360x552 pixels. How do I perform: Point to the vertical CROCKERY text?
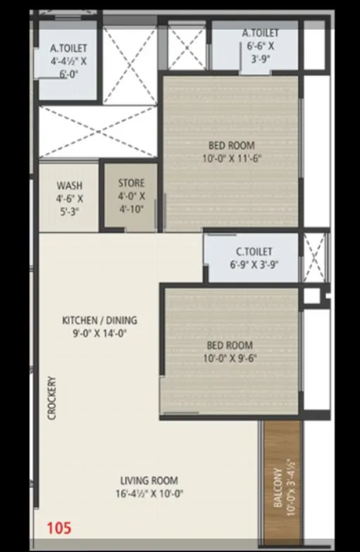(51, 398)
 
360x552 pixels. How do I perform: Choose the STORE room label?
(131, 183)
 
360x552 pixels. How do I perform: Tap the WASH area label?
(69, 186)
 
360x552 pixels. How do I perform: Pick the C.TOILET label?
(254, 251)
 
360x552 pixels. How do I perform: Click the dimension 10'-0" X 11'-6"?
(231, 158)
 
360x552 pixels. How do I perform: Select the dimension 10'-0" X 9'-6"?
(230, 358)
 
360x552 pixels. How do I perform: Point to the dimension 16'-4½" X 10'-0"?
(152, 494)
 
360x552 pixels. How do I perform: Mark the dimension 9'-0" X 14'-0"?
(99, 334)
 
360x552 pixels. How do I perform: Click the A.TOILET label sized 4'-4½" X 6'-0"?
(68, 49)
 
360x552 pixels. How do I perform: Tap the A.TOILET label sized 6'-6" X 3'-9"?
(260, 33)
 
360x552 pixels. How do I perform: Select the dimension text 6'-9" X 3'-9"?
(254, 265)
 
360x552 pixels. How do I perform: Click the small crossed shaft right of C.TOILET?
(315, 257)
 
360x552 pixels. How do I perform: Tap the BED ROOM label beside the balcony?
(230, 345)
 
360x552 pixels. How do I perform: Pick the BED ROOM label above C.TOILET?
(231, 145)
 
